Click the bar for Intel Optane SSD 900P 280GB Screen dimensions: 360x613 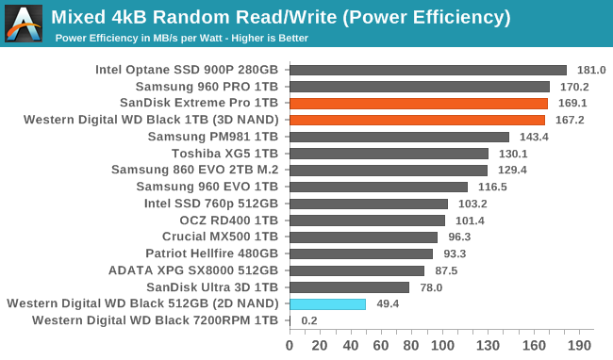[x=427, y=70]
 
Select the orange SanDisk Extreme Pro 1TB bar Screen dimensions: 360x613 [x=419, y=104]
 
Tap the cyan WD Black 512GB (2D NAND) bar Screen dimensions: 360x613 [x=327, y=304]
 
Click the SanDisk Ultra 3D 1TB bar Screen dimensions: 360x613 [x=349, y=287]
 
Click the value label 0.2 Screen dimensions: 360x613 [x=308, y=321]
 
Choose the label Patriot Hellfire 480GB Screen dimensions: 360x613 [x=211, y=254]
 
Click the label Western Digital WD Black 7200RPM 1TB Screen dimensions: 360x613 [x=155, y=321]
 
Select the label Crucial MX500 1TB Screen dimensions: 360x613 [x=220, y=237]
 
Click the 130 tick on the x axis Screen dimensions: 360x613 [x=487, y=344]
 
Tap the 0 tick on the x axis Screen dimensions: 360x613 [x=290, y=344]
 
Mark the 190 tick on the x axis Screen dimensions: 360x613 [x=578, y=344]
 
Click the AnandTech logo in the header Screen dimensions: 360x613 [x=24, y=24]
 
